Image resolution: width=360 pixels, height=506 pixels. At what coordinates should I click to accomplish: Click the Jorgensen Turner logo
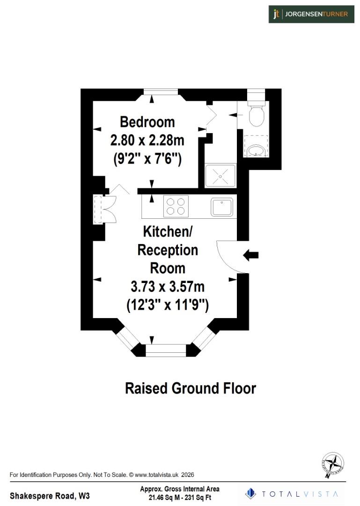pos(311,14)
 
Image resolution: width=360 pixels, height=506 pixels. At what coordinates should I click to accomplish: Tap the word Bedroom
pos(147,122)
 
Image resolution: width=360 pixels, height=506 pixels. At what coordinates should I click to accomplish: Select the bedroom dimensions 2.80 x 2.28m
pos(147,140)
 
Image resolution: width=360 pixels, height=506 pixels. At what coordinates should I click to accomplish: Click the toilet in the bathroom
pos(257,115)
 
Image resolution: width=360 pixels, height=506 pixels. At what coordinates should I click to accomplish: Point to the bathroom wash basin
pos(255,150)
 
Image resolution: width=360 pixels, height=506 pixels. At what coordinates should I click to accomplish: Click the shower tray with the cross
pos(220,176)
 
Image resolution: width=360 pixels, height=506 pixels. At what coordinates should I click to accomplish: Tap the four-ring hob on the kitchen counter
pos(176,206)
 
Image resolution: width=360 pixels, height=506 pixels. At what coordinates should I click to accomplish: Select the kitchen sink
pos(221,207)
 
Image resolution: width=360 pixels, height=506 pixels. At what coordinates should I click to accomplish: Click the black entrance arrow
pos(251,255)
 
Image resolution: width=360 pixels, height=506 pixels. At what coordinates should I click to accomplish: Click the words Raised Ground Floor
pos(190,388)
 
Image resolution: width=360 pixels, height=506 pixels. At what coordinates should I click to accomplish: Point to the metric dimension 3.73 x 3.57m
pos(167,286)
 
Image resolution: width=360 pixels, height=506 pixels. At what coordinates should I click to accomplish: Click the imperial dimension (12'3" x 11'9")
pos(167,305)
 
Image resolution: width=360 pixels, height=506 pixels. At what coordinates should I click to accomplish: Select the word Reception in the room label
pos(167,250)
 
